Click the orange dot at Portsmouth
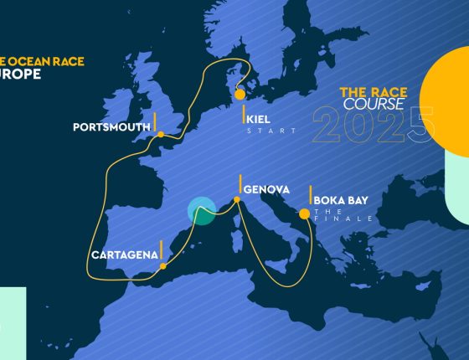159,134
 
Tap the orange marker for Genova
237,199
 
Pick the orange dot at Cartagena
162,266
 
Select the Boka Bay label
340,200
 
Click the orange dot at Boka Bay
304,213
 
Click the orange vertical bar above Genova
240,183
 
